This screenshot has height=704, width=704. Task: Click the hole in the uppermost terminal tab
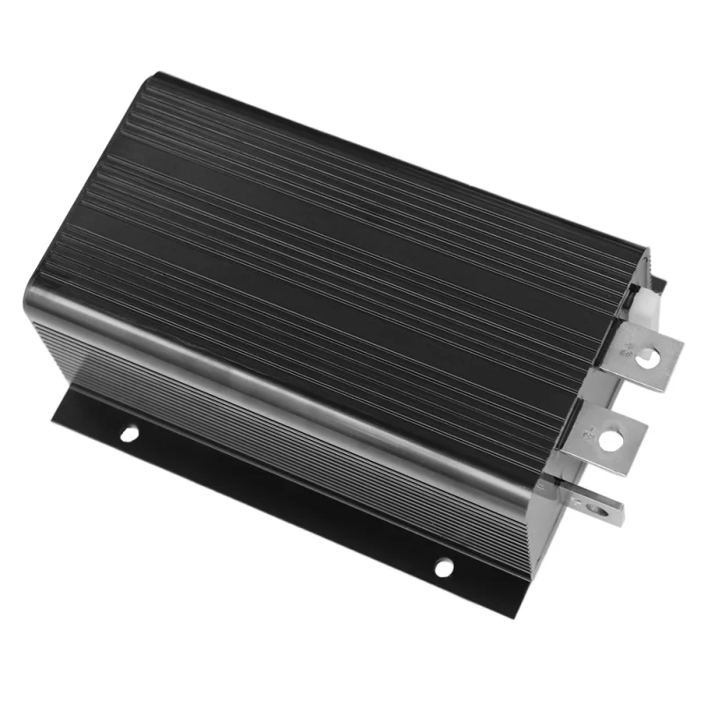(x=648, y=356)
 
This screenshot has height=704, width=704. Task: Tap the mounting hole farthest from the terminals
(x=128, y=433)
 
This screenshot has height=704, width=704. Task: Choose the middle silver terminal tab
(x=607, y=436)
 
